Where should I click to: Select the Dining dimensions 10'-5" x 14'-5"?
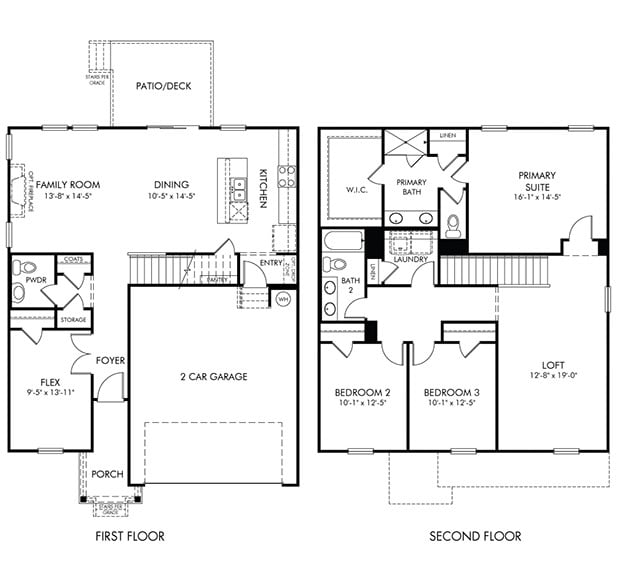[172, 196]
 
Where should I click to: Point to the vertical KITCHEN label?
[263, 188]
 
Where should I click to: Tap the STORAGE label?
[72, 320]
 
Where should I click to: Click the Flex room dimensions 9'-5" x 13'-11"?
[49, 394]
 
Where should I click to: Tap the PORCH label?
[107, 474]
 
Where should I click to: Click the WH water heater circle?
[283, 299]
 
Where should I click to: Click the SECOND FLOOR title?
[475, 537]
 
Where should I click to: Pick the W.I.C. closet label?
[359, 189]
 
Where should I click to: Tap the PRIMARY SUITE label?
[537, 181]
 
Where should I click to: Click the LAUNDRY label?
[410, 260]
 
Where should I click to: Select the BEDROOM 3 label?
[452, 391]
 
